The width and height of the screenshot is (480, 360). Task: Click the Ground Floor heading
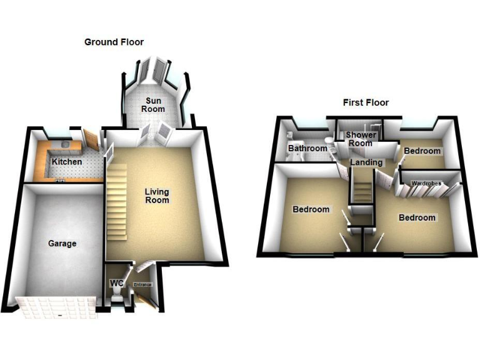pyautogui.click(x=114, y=42)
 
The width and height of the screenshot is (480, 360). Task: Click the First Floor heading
pyautogui.click(x=366, y=102)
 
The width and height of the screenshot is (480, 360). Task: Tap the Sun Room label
pyautogui.click(x=153, y=105)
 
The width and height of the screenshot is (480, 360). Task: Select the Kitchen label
pyautogui.click(x=67, y=162)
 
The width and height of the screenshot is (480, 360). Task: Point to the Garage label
pyautogui.click(x=62, y=244)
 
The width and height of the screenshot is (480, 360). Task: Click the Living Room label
pyautogui.click(x=157, y=196)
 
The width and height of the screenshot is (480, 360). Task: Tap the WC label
pyautogui.click(x=117, y=283)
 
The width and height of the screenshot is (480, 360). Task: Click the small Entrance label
pyautogui.click(x=142, y=285)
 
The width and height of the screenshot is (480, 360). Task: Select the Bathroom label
pyautogui.click(x=307, y=149)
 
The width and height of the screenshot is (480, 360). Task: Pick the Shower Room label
pyautogui.click(x=361, y=139)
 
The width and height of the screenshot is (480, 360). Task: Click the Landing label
pyautogui.click(x=366, y=162)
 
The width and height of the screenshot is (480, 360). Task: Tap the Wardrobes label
pyautogui.click(x=426, y=183)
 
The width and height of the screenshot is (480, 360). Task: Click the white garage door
pyautogui.click(x=57, y=307)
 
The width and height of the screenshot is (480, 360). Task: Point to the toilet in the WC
pyautogui.click(x=117, y=297)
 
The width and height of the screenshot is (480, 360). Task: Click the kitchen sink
pyautogui.click(x=66, y=144)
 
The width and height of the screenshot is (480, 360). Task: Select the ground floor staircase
pyautogui.click(x=117, y=202)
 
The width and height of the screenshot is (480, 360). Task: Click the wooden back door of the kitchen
pyautogui.click(x=91, y=140)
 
